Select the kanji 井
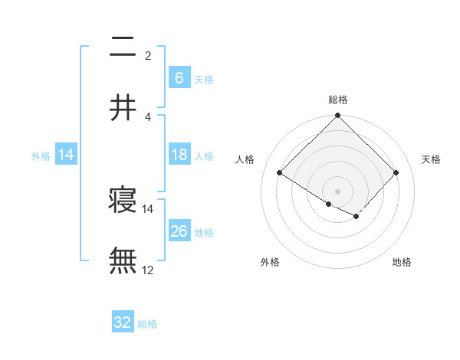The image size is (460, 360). (x=123, y=106)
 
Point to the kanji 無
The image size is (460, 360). (x=123, y=260)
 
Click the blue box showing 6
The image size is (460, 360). (x=179, y=77)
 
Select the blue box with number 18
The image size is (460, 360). (x=179, y=155)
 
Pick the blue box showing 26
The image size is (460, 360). (x=179, y=231)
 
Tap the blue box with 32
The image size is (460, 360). (x=123, y=322)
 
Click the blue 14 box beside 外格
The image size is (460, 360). (x=66, y=155)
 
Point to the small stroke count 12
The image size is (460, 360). (x=148, y=270)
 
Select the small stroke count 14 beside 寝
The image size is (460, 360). (x=148, y=208)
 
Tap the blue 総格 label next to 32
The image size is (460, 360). (x=148, y=324)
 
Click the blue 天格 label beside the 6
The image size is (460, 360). (x=204, y=79)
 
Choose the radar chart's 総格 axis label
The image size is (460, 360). (x=337, y=100)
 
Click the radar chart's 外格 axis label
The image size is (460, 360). (x=270, y=262)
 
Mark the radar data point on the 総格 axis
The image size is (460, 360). (x=337, y=116)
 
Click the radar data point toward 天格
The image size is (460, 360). (x=396, y=173)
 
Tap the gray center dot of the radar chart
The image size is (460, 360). (x=337, y=191)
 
